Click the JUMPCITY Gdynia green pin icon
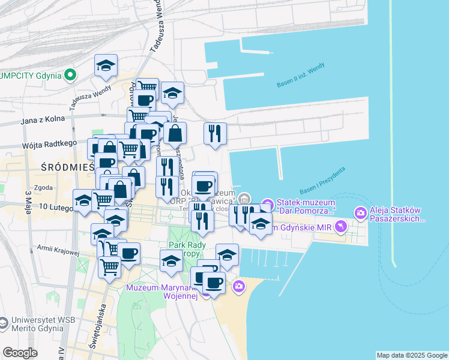(x=70, y=76)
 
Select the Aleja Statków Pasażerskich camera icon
(x=360, y=212)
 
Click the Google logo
(x=20, y=353)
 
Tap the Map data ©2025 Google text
(x=412, y=355)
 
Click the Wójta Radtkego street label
(x=49, y=143)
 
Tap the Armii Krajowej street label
(x=58, y=249)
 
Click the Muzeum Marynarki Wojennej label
(x=161, y=292)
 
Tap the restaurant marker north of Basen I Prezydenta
(x=215, y=133)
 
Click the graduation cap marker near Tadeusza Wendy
(x=106, y=66)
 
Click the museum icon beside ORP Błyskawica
(x=244, y=199)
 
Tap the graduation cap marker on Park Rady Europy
(x=172, y=261)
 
